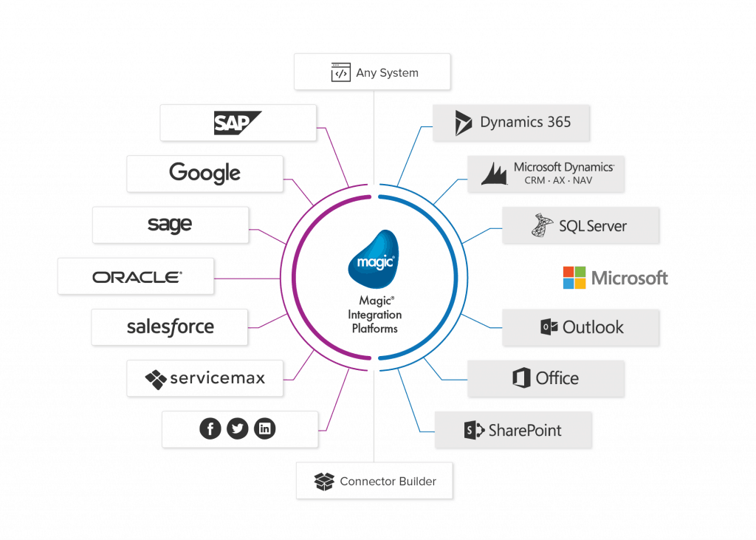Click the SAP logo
(x=237, y=123)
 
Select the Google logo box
(x=205, y=174)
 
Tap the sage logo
(x=170, y=225)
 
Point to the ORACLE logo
(x=137, y=277)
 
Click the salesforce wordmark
(x=171, y=327)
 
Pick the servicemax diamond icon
(x=156, y=379)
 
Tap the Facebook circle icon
(x=210, y=428)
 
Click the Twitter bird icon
(x=237, y=428)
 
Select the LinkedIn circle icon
(x=264, y=428)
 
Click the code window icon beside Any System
(x=340, y=73)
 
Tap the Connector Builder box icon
(x=324, y=482)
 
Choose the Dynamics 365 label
(x=525, y=123)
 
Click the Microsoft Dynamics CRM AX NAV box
(x=546, y=174)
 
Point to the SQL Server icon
(x=543, y=225)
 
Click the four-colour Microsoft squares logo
(x=574, y=278)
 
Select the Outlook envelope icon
(x=549, y=327)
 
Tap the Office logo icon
(x=521, y=378)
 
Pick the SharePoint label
(x=525, y=430)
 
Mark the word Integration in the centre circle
(x=375, y=315)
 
